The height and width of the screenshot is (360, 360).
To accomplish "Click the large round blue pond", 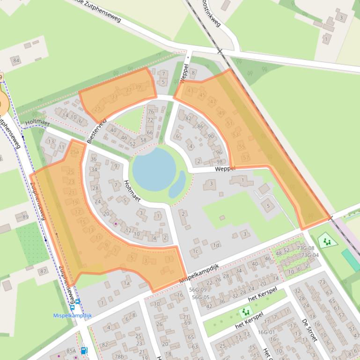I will (154, 168).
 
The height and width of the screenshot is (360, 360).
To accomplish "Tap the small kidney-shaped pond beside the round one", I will (177, 184).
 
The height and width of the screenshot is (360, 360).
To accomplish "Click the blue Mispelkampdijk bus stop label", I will (72, 315).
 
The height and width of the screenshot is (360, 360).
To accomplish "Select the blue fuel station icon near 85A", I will (84, 350).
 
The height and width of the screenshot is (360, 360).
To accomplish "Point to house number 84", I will (16, 60).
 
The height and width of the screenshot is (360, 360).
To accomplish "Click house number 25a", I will (74, 152).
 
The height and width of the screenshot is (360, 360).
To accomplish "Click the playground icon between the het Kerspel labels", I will (245, 311).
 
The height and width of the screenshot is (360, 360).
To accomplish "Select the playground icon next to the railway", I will (327, 241).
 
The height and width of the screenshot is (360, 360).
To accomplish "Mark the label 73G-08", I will (307, 248).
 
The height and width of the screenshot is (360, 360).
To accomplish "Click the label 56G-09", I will (199, 290).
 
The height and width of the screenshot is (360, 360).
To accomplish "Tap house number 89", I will (25, 216).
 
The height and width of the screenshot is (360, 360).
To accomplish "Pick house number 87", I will (43, 271).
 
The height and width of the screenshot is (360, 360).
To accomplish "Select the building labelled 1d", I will (215, 245).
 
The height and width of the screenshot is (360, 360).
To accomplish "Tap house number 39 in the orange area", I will (138, 87).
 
